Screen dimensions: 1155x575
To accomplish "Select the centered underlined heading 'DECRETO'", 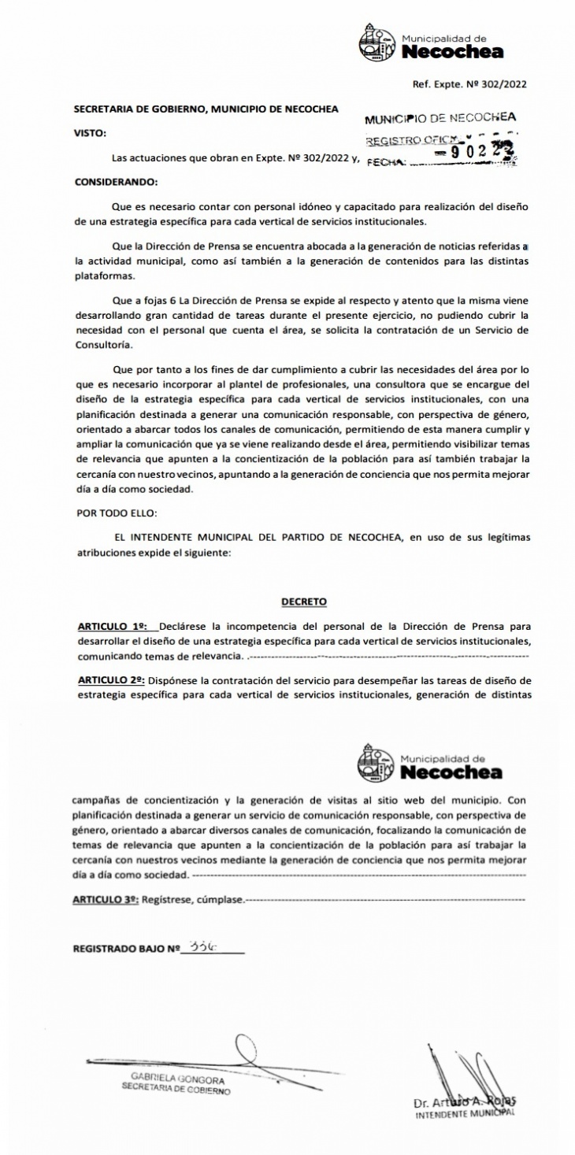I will (303, 602).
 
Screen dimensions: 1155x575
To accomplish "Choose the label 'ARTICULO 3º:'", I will (106, 899).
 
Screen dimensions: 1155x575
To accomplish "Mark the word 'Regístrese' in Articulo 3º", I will (165, 899).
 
